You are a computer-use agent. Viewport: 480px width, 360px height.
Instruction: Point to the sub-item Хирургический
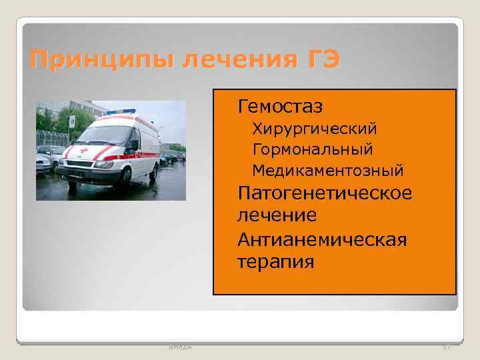[315, 127]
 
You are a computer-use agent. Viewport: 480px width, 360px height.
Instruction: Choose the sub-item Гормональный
[312, 149]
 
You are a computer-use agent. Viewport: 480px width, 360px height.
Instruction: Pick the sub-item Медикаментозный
[327, 171]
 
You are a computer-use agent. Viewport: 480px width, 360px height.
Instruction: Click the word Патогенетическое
[325, 193]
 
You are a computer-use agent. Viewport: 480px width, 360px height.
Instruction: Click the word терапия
[275, 261]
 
